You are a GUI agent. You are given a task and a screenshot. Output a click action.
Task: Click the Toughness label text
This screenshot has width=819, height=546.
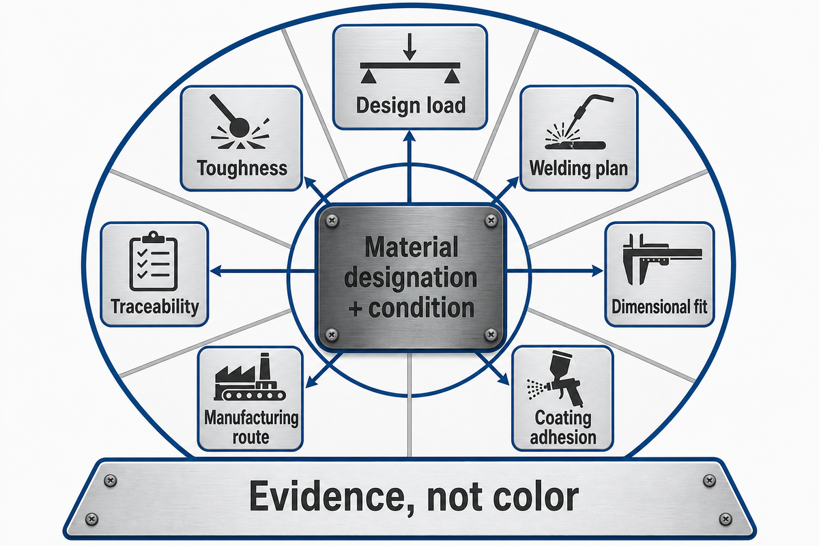[242, 169]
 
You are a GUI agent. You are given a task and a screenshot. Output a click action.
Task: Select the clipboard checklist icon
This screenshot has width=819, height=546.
[154, 261]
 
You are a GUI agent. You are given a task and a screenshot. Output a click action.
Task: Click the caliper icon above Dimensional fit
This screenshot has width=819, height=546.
[662, 259]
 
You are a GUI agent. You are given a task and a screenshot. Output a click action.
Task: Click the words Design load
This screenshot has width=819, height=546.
[411, 106]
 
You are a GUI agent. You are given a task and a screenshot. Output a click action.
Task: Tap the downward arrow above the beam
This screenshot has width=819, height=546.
[410, 47]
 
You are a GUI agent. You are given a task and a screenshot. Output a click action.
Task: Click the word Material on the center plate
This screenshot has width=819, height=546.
[412, 247]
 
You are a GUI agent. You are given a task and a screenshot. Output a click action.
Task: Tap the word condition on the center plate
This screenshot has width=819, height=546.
[421, 308]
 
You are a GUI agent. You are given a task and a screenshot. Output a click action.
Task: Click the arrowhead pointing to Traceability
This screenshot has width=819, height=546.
[216, 271]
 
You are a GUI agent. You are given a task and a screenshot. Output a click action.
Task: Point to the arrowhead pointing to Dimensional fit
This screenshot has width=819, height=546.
[597, 271]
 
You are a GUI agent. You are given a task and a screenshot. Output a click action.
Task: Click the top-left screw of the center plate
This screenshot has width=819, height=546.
[332, 221]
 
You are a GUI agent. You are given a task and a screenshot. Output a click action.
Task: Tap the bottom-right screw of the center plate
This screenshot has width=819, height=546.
[491, 334]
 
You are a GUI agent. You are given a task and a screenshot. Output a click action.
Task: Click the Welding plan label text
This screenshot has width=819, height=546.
[579, 169]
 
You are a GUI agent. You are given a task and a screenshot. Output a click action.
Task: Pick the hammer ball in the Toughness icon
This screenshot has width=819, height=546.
[239, 127]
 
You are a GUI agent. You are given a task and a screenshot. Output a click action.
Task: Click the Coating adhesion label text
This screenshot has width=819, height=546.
[563, 427]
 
